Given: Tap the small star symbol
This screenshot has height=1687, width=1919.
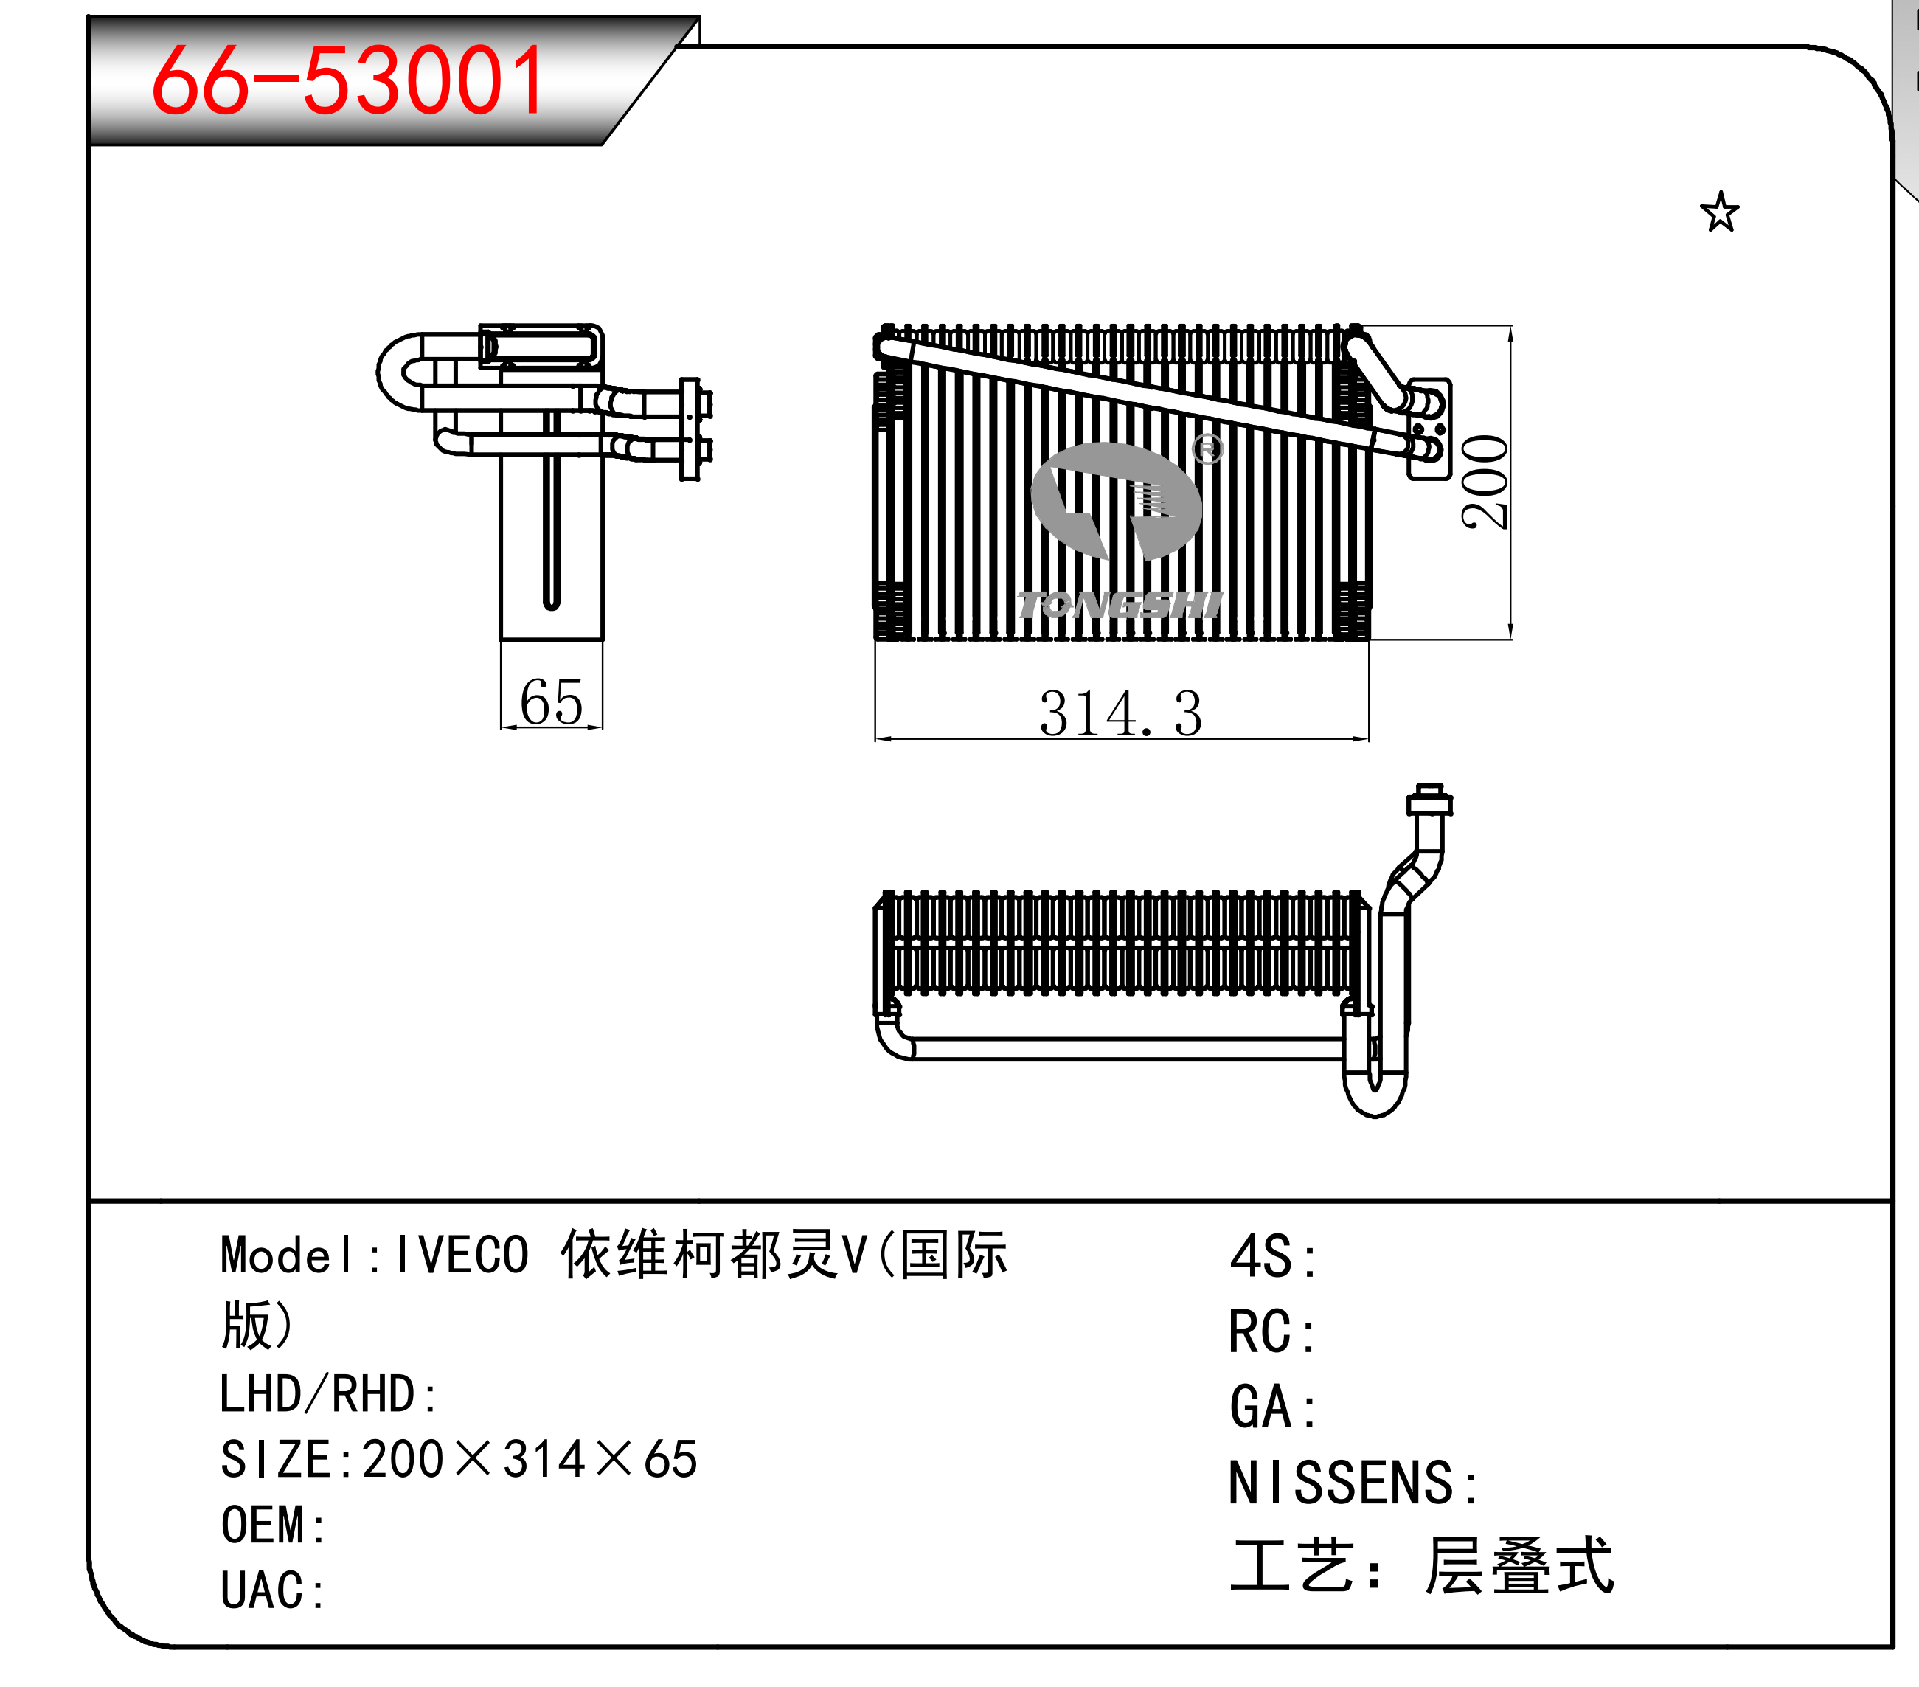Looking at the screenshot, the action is click(x=1719, y=212).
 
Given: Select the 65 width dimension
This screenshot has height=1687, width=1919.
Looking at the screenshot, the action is click(x=551, y=702).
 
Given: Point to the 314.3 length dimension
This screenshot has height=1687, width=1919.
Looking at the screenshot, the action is click(x=1120, y=713).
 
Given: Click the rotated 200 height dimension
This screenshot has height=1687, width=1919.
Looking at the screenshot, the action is click(x=1485, y=482).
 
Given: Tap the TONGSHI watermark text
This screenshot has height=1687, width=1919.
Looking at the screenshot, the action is click(x=1120, y=605).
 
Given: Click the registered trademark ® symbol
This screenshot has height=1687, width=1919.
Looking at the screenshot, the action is click(x=1207, y=450).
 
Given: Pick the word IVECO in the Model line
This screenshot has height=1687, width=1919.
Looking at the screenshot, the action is click(x=462, y=1255).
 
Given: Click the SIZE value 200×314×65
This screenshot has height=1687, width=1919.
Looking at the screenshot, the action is click(x=530, y=1460).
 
